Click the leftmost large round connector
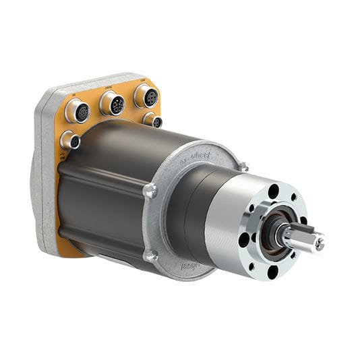coord(79,111)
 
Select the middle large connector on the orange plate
coord(112,103)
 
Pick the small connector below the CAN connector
coord(153,121)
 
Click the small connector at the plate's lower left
coord(69,140)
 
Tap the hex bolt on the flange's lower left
coord(152,256)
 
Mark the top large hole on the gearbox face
coord(273,191)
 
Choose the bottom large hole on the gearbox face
coord(272,272)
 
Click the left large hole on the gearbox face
coord(244,239)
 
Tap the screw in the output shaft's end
coord(318,244)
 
